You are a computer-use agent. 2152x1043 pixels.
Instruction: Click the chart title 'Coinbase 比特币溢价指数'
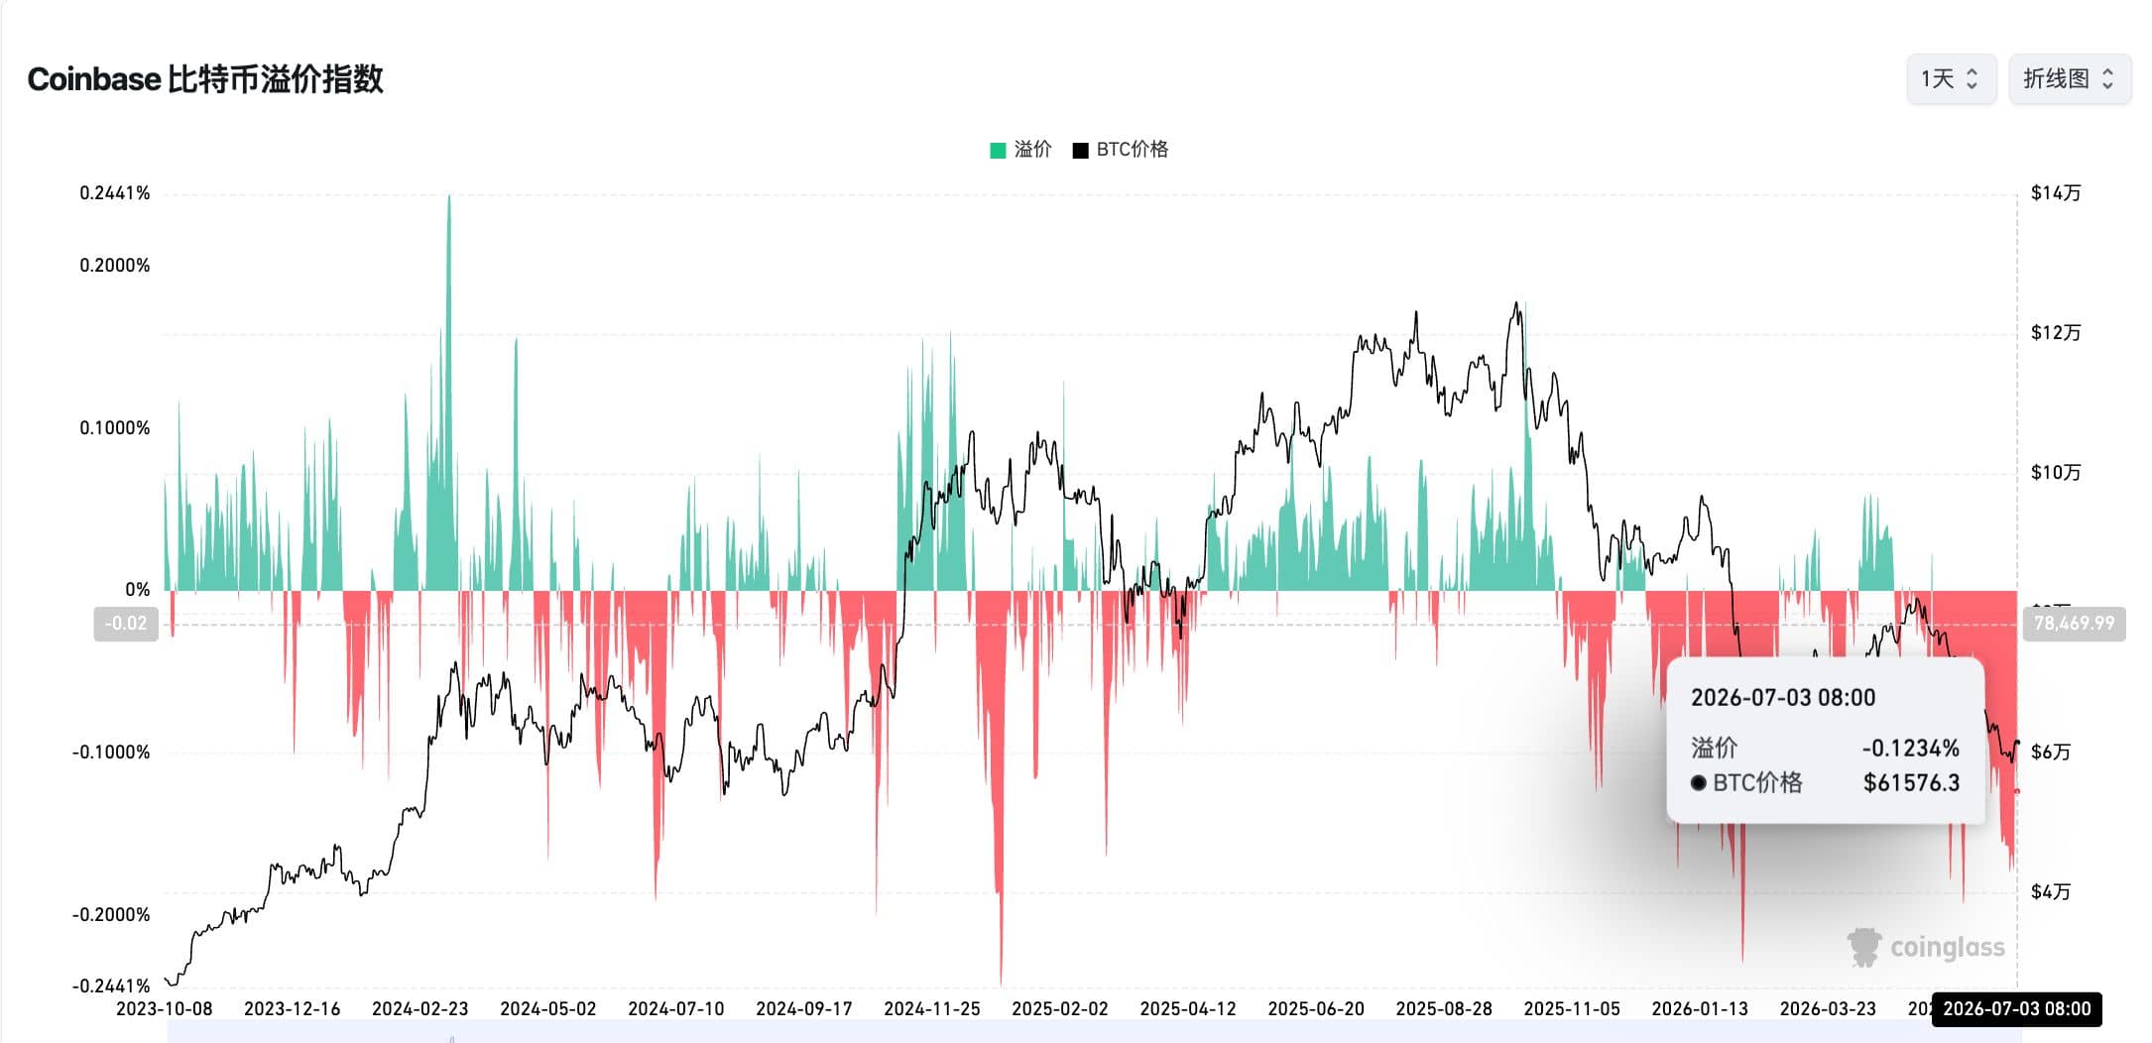click(x=205, y=79)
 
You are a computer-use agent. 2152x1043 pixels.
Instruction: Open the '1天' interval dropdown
click(x=1951, y=79)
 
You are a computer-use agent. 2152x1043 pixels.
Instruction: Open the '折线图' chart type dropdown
click(x=2070, y=79)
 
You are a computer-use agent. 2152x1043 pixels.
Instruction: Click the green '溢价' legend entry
click(x=1020, y=150)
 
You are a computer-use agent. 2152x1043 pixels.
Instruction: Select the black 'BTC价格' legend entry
click(x=1121, y=150)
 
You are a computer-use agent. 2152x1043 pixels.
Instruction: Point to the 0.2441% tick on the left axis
click(x=115, y=193)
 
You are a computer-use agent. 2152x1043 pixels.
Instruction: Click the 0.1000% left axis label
click(x=115, y=428)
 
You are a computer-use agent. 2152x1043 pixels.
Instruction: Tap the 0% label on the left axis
click(x=138, y=590)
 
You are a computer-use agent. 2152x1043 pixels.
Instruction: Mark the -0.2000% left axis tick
click(x=111, y=915)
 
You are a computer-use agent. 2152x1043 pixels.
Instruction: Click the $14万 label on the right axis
click(x=2056, y=193)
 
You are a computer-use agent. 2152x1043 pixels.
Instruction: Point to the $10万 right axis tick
click(x=2056, y=473)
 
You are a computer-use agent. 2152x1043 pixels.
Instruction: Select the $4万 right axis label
click(x=2051, y=892)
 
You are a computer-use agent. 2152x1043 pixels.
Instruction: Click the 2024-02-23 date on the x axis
click(x=419, y=1009)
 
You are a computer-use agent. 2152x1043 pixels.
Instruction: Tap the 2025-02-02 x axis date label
click(x=1059, y=1009)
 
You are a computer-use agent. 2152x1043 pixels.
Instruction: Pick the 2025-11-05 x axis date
click(x=1572, y=1009)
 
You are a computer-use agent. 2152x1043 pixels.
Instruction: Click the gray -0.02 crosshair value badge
click(x=126, y=624)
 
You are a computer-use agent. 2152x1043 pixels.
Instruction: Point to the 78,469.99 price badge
click(x=2074, y=624)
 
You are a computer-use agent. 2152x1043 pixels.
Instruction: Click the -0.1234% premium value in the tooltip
click(x=1910, y=749)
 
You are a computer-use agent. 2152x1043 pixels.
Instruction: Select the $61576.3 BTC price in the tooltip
click(x=1911, y=783)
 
